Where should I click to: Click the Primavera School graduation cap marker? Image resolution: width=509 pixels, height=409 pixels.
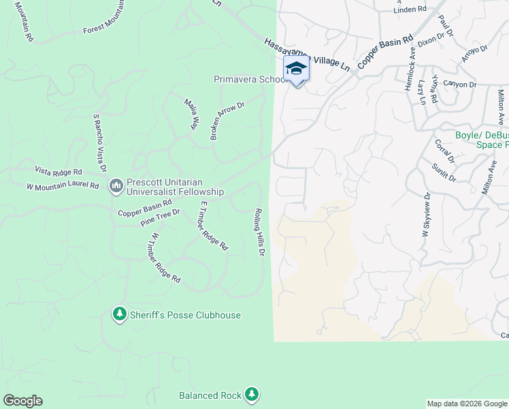(296, 69)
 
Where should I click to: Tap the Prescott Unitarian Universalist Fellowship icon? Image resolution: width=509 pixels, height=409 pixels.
(116, 185)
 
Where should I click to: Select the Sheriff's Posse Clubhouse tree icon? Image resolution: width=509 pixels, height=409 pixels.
(120, 314)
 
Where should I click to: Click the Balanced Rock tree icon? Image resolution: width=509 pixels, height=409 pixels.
(252, 394)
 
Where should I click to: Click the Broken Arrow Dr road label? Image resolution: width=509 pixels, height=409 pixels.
(227, 121)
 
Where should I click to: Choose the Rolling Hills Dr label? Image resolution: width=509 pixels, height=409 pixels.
(259, 232)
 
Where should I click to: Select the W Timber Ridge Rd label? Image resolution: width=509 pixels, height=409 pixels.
(166, 258)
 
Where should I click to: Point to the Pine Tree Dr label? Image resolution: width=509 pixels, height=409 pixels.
(159, 217)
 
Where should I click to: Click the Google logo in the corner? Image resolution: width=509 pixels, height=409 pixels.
(22, 401)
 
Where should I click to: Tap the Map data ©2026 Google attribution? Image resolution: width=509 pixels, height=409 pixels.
(467, 404)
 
